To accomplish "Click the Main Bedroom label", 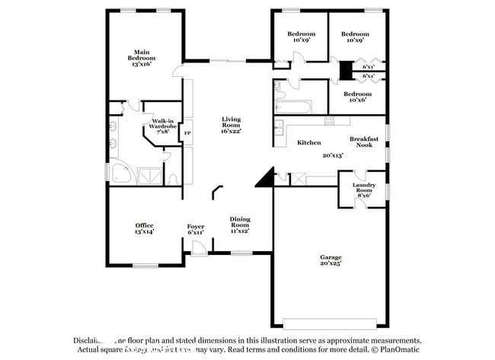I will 142,58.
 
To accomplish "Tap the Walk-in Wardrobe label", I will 161,126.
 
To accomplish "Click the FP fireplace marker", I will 187,133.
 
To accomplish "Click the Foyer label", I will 196,227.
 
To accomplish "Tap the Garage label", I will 331,258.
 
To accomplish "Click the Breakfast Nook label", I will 364,142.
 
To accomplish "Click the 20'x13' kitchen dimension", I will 332,155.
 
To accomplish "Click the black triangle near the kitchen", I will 266,178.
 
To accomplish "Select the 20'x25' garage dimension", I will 331,263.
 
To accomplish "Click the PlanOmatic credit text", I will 398,350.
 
